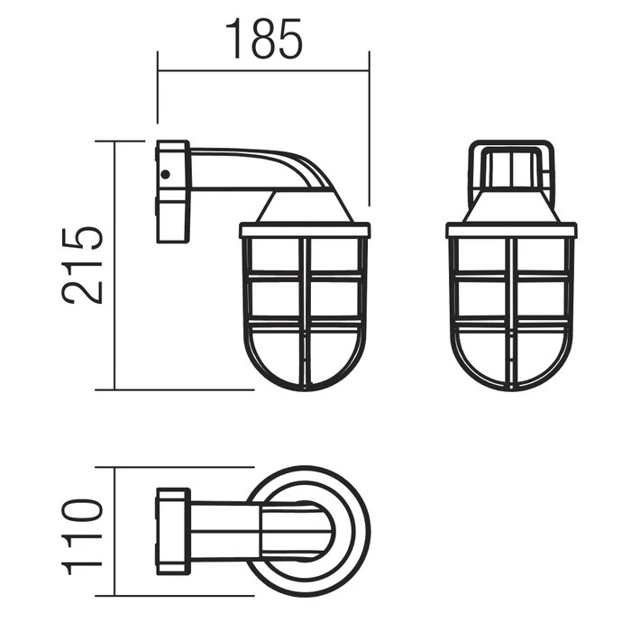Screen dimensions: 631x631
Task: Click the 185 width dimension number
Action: click(x=263, y=39)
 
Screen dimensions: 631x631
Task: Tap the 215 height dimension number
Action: click(x=83, y=265)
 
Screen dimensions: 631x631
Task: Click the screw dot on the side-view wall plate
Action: click(x=165, y=174)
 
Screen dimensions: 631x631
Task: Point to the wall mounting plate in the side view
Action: click(x=173, y=192)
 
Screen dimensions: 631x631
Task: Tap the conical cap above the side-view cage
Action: click(x=305, y=206)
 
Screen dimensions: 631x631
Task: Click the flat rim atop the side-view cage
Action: click(x=305, y=230)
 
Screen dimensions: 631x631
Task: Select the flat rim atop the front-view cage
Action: click(x=511, y=230)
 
